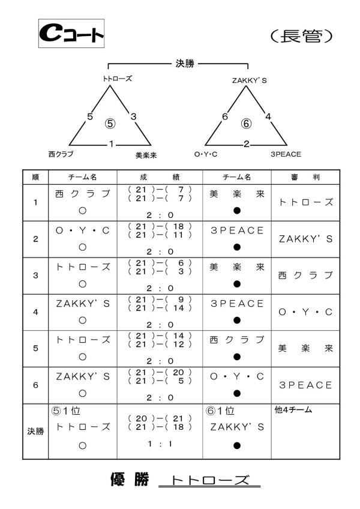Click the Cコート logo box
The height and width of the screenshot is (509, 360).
71,34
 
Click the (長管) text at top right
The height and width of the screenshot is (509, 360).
302,36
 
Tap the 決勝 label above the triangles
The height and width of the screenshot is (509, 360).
185,63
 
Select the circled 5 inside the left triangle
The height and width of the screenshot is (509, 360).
110,124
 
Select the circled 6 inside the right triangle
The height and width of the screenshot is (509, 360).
247,124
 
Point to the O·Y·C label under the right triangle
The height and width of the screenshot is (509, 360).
205,154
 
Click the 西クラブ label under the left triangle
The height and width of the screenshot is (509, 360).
61,154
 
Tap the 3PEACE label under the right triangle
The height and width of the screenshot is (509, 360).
286,154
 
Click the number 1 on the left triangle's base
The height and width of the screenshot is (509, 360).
112,144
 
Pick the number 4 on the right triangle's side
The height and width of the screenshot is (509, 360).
268,116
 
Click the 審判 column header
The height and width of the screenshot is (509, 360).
305,177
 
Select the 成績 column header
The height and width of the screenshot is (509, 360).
160,177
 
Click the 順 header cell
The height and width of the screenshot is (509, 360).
35,177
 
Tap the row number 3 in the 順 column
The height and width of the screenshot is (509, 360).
35,276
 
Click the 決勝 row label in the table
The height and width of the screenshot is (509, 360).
35,432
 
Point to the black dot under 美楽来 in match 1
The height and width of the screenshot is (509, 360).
237,211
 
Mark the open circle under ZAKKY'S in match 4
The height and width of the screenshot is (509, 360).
83,321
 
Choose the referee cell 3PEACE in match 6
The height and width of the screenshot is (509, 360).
305,385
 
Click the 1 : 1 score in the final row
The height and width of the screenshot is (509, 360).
160,444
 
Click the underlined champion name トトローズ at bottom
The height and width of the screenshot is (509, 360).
210,480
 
